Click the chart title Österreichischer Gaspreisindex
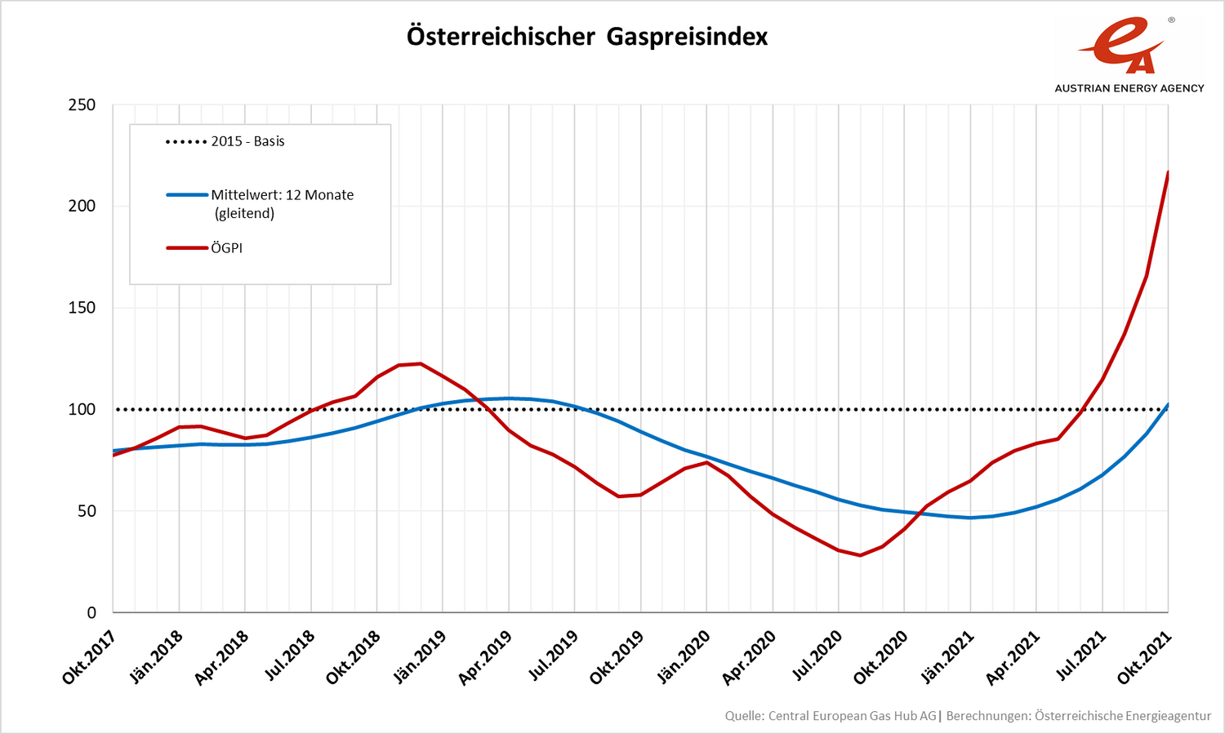pos(586,37)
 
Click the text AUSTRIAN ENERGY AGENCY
pos(1129,88)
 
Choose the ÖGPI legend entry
pos(226,248)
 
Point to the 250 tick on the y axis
pos(82,105)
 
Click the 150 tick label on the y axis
pos(82,308)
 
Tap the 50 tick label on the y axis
pos(86,511)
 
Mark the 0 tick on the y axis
pos(91,612)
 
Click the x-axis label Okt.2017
pos(90,657)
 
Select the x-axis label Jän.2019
pos(419,657)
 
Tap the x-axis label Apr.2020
pos(749,657)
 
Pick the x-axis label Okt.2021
pos(1145,657)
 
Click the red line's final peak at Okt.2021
pos(1168,172)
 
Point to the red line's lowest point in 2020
pos(860,555)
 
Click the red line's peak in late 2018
pos(420,363)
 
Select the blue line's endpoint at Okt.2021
pos(1168,405)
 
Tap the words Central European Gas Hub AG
pos(853,716)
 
